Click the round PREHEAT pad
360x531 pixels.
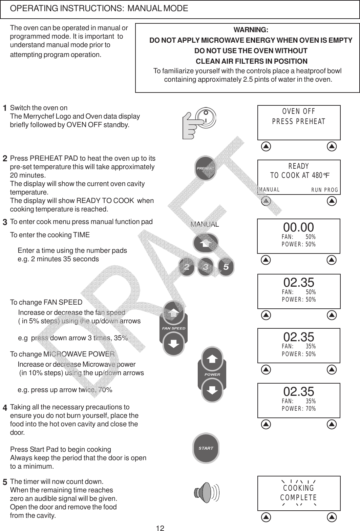[x=206, y=168]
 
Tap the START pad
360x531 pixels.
[x=206, y=448]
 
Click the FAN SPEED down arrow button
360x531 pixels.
[x=174, y=344]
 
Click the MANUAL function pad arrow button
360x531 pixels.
[x=206, y=243]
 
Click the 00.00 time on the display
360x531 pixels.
[x=298, y=227]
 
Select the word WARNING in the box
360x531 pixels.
[x=251, y=30]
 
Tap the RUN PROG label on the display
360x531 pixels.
[x=325, y=190]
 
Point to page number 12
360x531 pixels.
[x=160, y=527]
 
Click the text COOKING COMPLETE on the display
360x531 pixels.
[x=298, y=493]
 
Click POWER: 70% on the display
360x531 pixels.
[x=299, y=409]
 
